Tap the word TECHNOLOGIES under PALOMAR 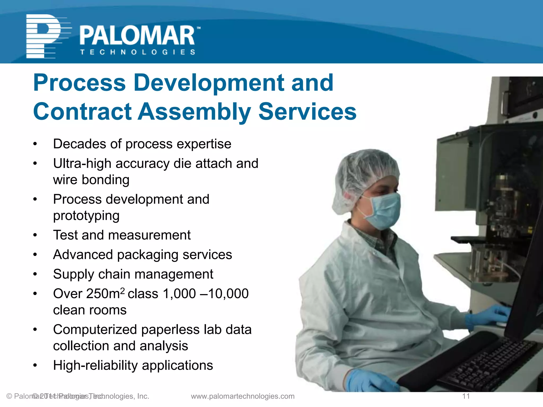[x=138, y=52]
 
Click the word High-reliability [x=95, y=365]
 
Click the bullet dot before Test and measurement [x=35, y=235]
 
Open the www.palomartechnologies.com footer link [x=243, y=396]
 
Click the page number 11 [x=466, y=396]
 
